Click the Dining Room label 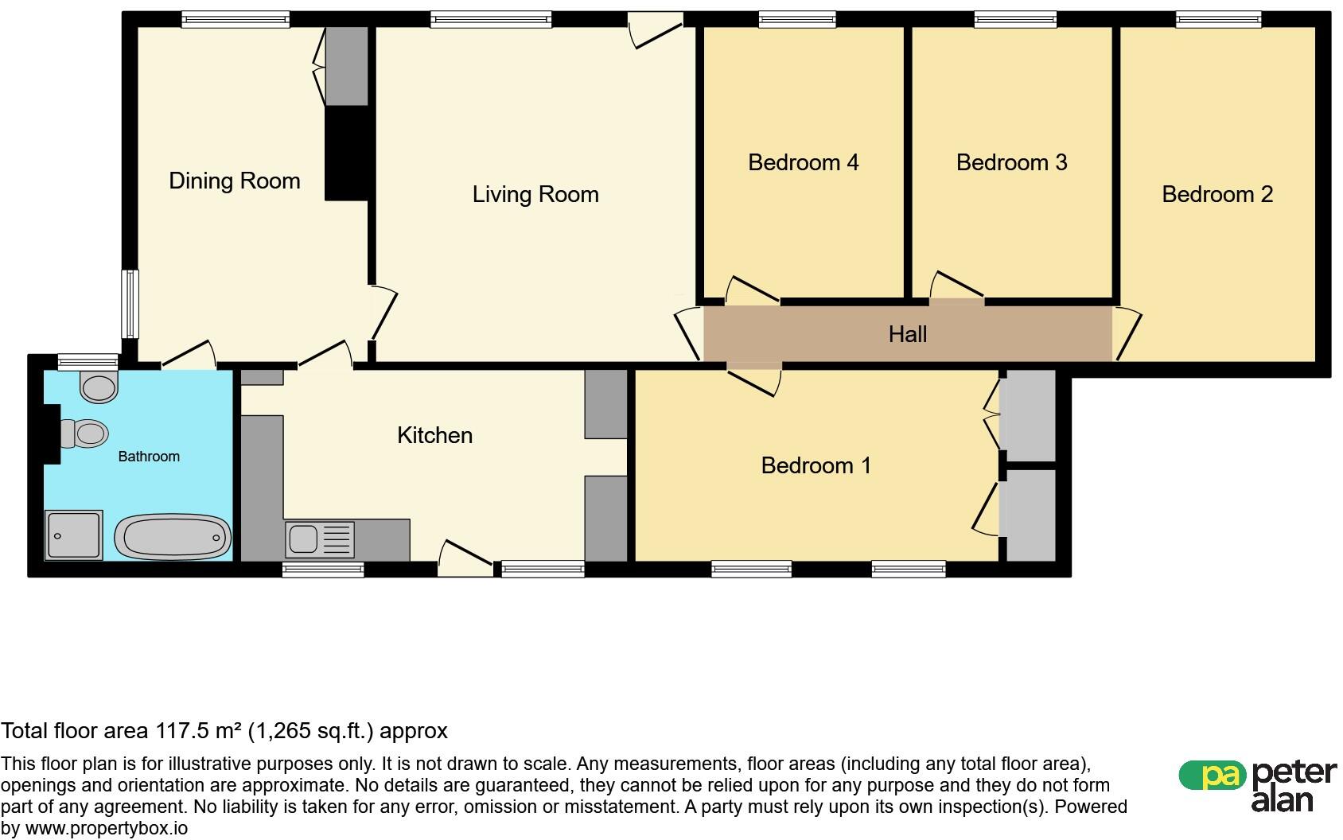pos(235,181)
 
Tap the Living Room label pos(535,195)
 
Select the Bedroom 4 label pos(804,162)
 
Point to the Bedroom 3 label pos(1011,162)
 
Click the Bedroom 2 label pos(1217,194)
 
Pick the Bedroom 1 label pos(816,466)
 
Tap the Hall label pos(908,335)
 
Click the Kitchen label pos(434,435)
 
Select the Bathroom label pos(149,457)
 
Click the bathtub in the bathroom pos(173,537)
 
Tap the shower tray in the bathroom pos(74,535)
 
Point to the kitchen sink pos(320,539)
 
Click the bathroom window pos(88,362)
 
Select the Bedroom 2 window pos(1219,20)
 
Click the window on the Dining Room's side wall pos(130,304)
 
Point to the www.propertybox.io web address pos(106,829)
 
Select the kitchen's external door pos(465,558)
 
